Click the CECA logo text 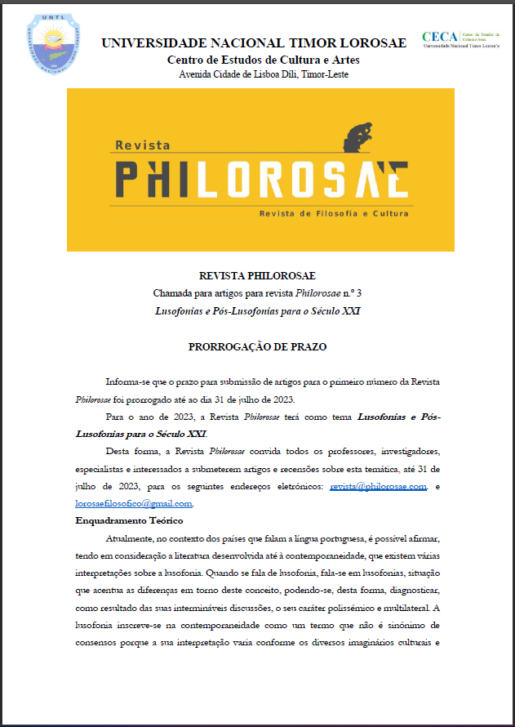point(440,36)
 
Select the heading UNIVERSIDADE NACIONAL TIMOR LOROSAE point(254,43)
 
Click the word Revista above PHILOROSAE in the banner point(142,145)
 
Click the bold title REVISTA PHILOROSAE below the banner point(257,276)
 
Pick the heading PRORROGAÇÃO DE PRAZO point(257,346)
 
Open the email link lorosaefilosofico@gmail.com point(134,504)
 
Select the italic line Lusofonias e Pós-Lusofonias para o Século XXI point(257,310)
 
